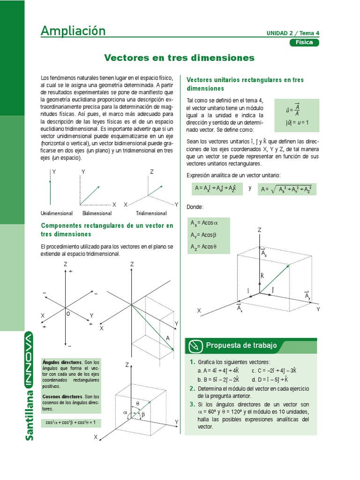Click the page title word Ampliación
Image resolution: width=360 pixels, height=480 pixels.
73,31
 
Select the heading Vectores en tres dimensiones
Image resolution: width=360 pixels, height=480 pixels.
179,58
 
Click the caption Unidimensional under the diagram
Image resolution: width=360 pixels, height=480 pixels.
57,213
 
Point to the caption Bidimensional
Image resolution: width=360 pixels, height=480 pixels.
97,213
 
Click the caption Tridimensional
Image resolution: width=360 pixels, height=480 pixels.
151,213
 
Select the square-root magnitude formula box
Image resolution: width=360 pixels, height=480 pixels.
287,189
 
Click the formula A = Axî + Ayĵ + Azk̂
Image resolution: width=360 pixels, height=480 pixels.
215,188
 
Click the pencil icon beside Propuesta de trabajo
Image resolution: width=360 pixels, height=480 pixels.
194,346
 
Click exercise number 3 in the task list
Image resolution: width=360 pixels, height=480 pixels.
192,404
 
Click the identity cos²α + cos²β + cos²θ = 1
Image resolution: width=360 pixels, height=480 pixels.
70,422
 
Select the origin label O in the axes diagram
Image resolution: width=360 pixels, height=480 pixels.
68,314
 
